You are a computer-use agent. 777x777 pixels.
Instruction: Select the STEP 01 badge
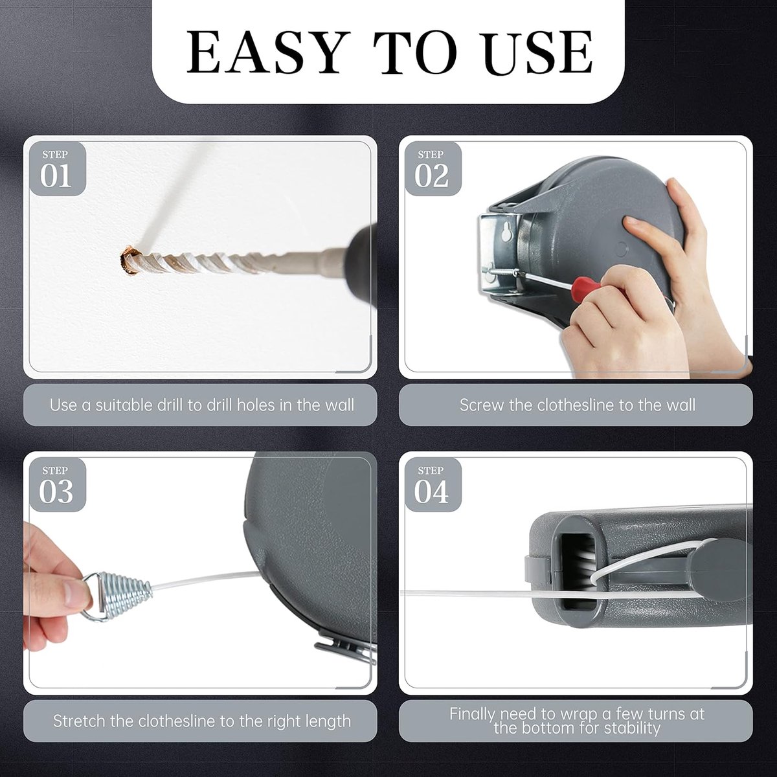(x=57, y=168)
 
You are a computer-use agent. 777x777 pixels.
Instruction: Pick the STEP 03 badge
(x=57, y=484)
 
